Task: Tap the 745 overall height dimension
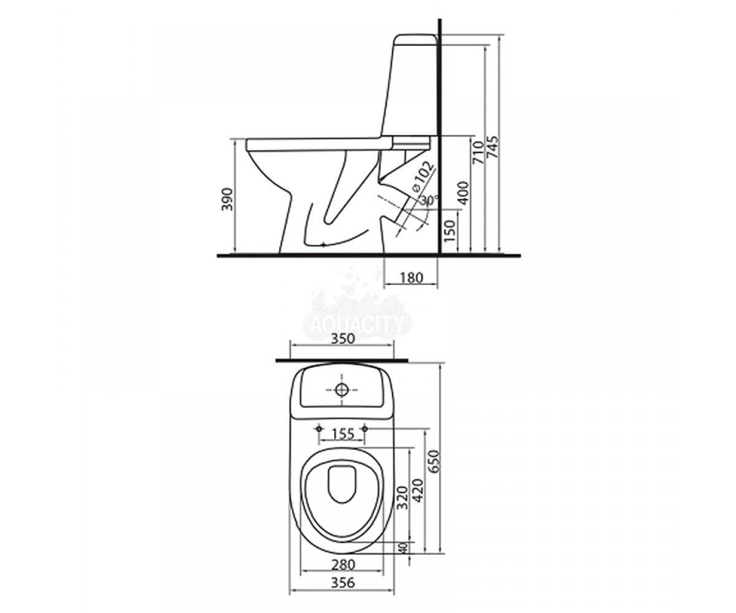[494, 151]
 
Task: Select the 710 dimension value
[479, 152]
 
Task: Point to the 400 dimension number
[464, 192]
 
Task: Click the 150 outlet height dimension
[450, 230]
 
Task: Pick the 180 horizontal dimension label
[412, 278]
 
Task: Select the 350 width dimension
[343, 338]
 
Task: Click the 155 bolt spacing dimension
[343, 435]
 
